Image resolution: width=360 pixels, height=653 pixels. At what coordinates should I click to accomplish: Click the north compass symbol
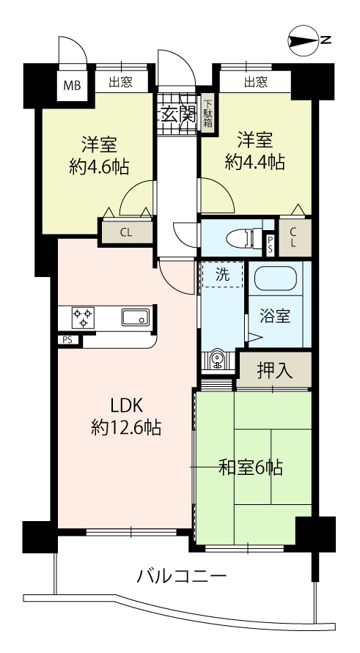tap(309, 40)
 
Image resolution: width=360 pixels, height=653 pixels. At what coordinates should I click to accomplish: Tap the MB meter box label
tap(72, 86)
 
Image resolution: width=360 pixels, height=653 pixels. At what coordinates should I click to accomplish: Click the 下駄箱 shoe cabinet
tap(207, 111)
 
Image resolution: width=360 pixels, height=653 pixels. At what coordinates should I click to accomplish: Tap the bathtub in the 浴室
tap(276, 278)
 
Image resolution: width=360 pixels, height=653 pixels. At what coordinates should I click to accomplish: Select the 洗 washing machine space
tap(222, 274)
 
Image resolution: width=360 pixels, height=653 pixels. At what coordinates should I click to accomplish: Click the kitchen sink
tap(136, 317)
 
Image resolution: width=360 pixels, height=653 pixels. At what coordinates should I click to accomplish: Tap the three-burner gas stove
tap(83, 318)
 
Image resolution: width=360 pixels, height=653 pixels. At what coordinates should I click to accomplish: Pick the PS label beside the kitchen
tap(67, 339)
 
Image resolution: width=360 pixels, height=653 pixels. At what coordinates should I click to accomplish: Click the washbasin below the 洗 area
tap(217, 360)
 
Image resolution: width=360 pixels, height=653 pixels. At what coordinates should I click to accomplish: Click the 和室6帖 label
tap(251, 468)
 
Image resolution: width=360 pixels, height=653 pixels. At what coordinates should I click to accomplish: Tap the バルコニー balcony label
tap(183, 577)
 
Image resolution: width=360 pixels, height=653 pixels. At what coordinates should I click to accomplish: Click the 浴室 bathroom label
tap(275, 317)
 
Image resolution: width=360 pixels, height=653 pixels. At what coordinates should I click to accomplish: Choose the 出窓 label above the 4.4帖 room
tap(256, 82)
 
